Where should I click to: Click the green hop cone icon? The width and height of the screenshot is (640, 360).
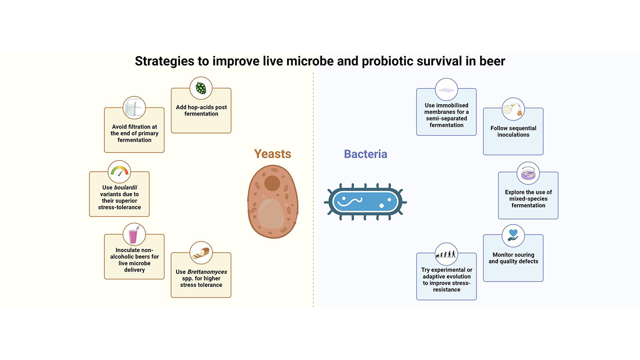coord(201,88)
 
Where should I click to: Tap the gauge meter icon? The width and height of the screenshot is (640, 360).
coord(119,171)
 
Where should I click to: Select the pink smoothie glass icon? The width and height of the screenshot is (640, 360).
coord(133,235)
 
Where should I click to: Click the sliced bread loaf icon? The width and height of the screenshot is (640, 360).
coord(201,253)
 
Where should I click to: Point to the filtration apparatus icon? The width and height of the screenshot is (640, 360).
coord(134,107)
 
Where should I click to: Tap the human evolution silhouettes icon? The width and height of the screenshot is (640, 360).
coord(446,254)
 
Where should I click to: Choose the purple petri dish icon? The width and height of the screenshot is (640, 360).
coord(528,174)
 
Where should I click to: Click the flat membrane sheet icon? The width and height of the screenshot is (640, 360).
coord(446,90)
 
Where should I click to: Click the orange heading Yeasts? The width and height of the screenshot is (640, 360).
coord(272,154)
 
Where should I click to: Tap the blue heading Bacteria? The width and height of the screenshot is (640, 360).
coord(365,154)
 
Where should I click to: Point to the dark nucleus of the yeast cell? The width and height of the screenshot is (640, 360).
coord(272,183)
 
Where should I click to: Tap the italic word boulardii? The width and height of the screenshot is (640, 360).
coord(125,187)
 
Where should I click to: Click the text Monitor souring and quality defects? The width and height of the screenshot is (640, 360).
coord(513,258)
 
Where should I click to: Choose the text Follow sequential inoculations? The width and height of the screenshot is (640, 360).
coord(513,131)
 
